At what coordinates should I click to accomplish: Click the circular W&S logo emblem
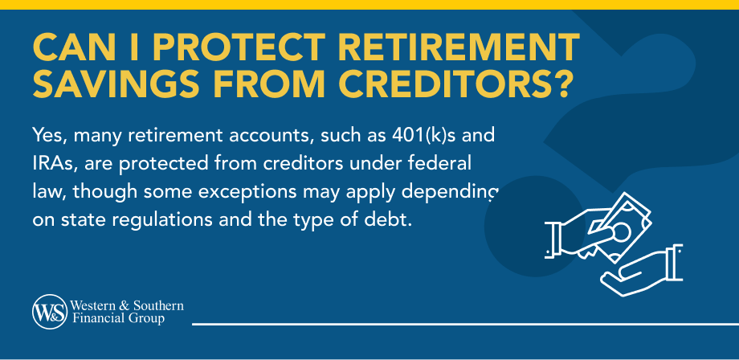click(x=51, y=313)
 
